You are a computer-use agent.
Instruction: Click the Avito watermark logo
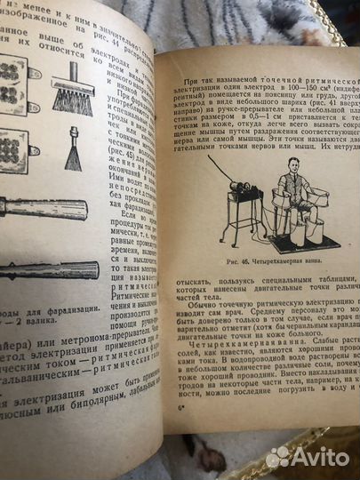pos(308,457)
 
